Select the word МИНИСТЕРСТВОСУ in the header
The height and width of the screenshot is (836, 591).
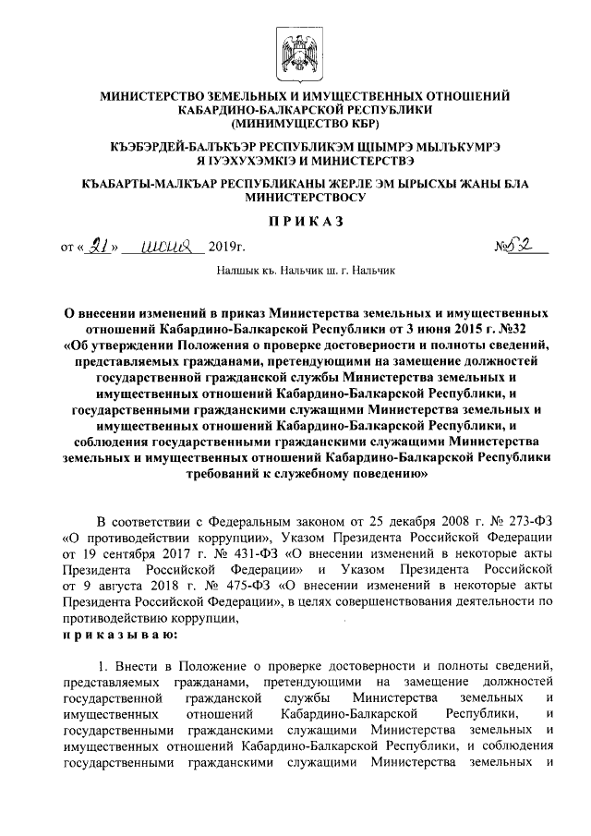304,197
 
